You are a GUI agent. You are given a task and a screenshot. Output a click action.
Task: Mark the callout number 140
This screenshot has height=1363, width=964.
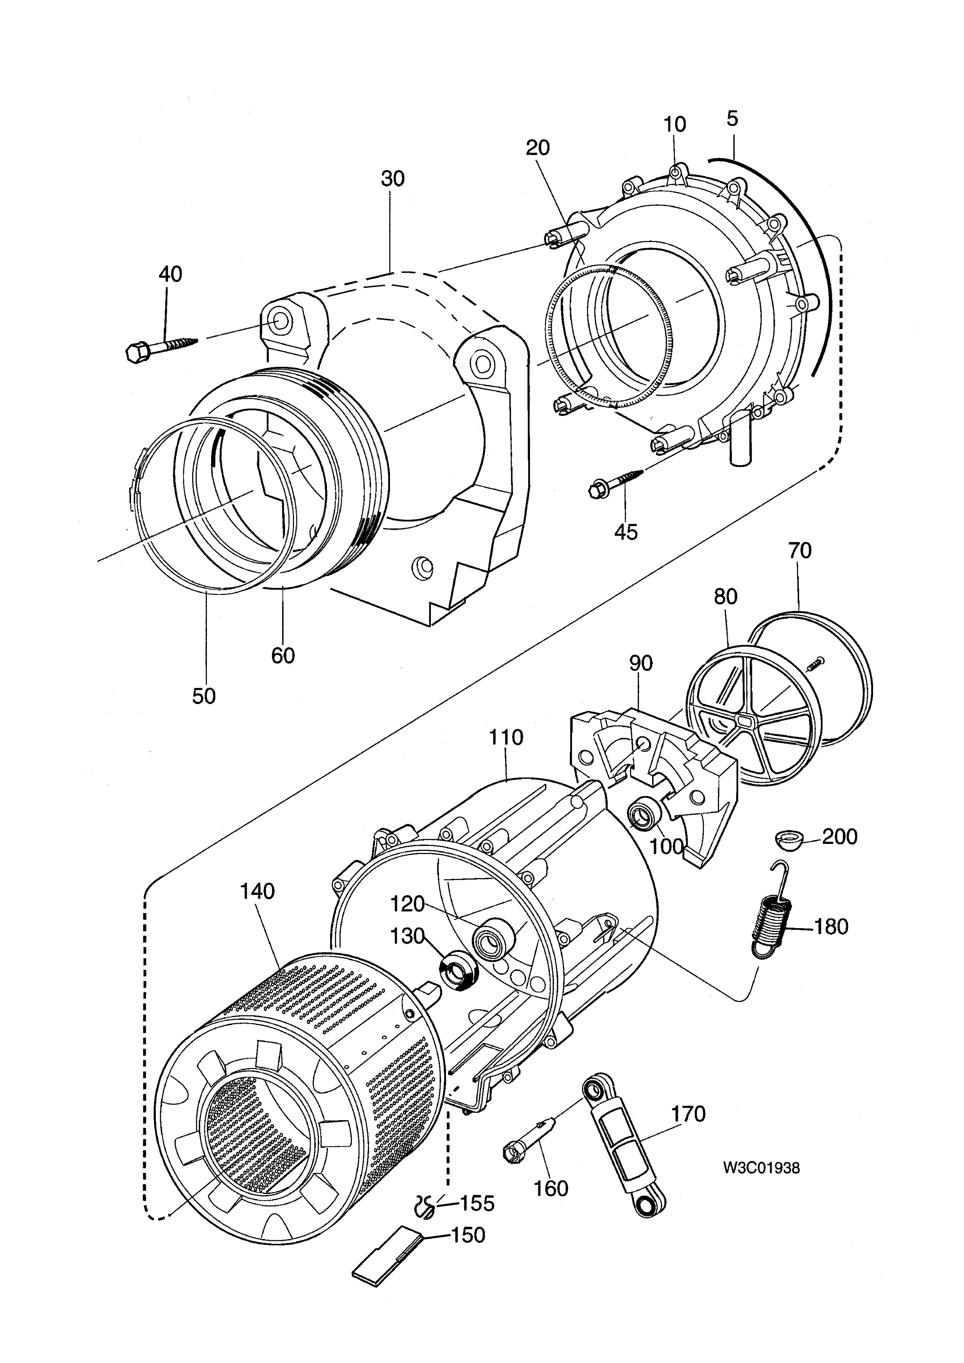(x=258, y=892)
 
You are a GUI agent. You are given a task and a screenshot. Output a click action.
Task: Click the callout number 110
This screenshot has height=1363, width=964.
(x=506, y=737)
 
